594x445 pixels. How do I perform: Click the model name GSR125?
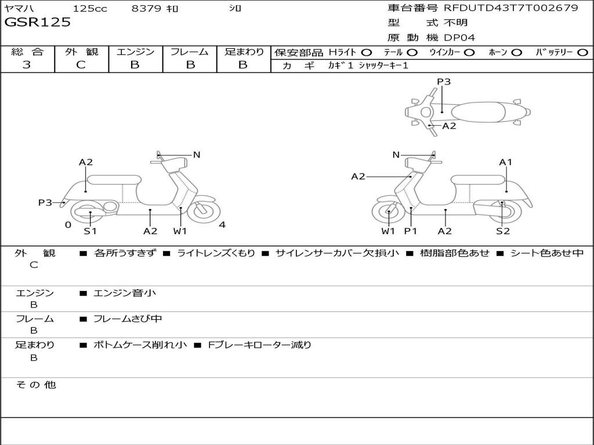[x=38, y=23]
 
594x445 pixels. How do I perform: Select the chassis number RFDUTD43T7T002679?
[x=510, y=8]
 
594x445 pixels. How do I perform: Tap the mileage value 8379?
[x=147, y=9]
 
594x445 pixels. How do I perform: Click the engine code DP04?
[x=459, y=38]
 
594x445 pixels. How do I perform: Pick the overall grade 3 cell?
[x=27, y=65]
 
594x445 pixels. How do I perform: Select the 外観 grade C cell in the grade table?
[x=81, y=65]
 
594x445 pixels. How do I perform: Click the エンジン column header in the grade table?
[x=135, y=52]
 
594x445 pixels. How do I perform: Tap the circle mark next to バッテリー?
[x=582, y=52]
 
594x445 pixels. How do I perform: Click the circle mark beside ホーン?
[x=516, y=52]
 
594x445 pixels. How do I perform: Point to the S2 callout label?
[x=502, y=231]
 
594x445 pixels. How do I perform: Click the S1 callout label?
[x=90, y=231]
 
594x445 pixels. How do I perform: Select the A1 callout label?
[x=506, y=162]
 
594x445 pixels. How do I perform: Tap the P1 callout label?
[x=411, y=231]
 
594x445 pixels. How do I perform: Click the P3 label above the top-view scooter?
[x=444, y=82]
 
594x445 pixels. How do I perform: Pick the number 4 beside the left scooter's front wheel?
[x=222, y=225]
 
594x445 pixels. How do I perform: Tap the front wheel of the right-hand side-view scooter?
[x=388, y=213]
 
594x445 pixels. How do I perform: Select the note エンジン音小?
[x=125, y=293]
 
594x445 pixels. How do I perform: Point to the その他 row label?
[x=35, y=385]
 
